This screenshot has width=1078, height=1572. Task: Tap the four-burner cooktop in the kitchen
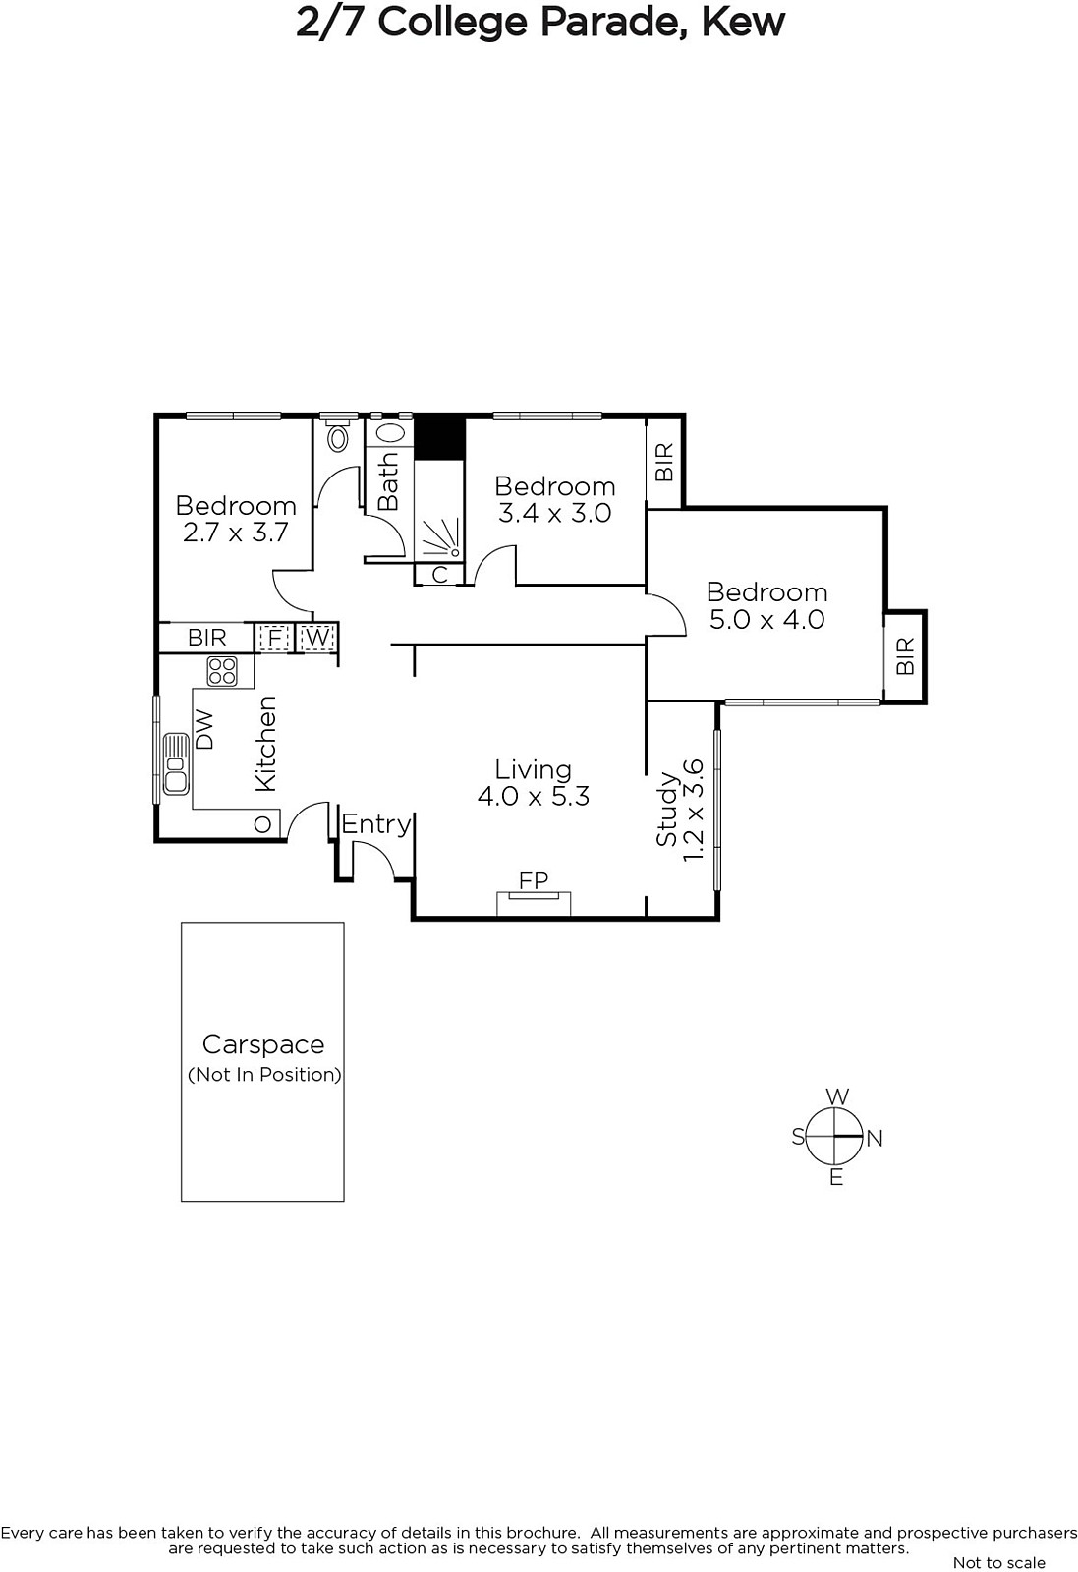[x=222, y=671]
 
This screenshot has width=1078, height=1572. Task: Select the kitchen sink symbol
[x=176, y=763]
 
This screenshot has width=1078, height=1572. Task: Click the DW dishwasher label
[x=203, y=729]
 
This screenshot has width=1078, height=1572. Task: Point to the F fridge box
[x=274, y=638]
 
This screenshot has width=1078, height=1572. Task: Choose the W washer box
[x=316, y=638]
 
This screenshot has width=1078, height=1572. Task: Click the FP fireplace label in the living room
[x=534, y=880]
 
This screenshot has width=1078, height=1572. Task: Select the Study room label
[x=666, y=809]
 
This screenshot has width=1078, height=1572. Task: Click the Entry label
[x=376, y=824]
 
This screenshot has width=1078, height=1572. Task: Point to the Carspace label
[x=263, y=1045]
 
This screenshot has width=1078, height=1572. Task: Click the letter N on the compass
[x=875, y=1139]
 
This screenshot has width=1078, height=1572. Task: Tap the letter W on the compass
[x=837, y=1096]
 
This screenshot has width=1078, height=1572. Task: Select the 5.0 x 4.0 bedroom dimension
[x=767, y=620]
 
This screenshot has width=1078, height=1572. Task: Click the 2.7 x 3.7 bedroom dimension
[x=236, y=533]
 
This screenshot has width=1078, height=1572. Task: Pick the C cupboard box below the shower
[x=439, y=574]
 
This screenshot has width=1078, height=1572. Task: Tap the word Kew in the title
[x=743, y=23]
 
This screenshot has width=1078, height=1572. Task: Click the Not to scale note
[x=999, y=1562]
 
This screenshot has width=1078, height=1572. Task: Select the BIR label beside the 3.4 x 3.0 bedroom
[x=664, y=462]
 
